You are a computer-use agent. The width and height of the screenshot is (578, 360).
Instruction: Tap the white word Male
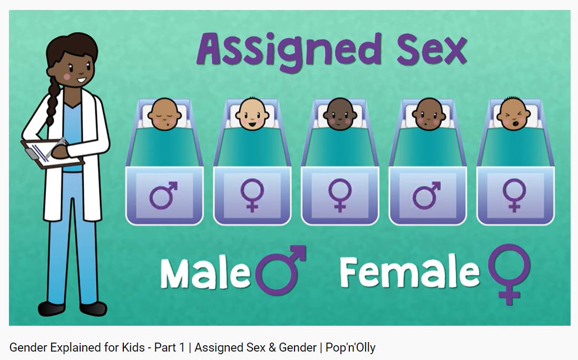coord(205,274)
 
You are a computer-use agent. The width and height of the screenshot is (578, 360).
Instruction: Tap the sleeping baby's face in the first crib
coord(163,115)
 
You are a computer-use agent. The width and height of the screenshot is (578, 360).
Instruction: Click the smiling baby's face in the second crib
coord(252,115)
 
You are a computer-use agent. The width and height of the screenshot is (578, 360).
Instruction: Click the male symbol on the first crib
coord(163,196)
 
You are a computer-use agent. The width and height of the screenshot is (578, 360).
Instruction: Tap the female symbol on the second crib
coord(252,196)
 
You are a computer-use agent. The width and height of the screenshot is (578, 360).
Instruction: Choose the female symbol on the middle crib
coord(340,196)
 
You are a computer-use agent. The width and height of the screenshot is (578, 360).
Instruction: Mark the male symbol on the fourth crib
coord(427,196)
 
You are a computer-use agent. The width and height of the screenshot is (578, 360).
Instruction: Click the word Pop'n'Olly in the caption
coord(350,348)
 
